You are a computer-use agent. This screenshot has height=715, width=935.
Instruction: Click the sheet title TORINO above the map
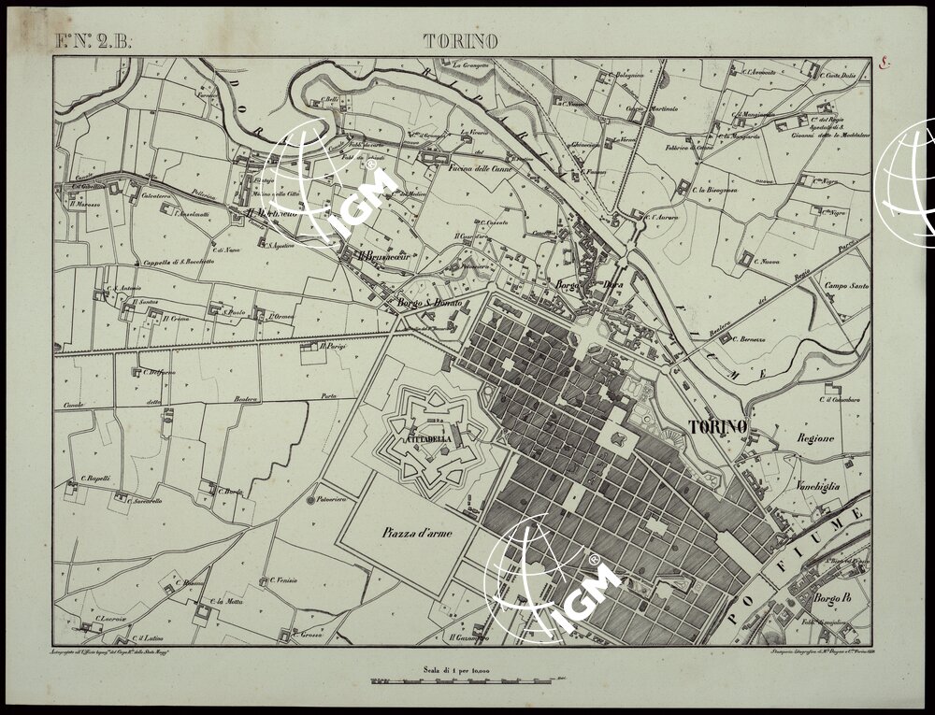pyautogui.click(x=460, y=40)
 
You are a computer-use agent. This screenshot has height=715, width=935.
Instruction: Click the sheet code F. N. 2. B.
pyautogui.click(x=95, y=40)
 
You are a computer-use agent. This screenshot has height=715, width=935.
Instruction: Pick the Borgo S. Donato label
pyautogui.click(x=425, y=304)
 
